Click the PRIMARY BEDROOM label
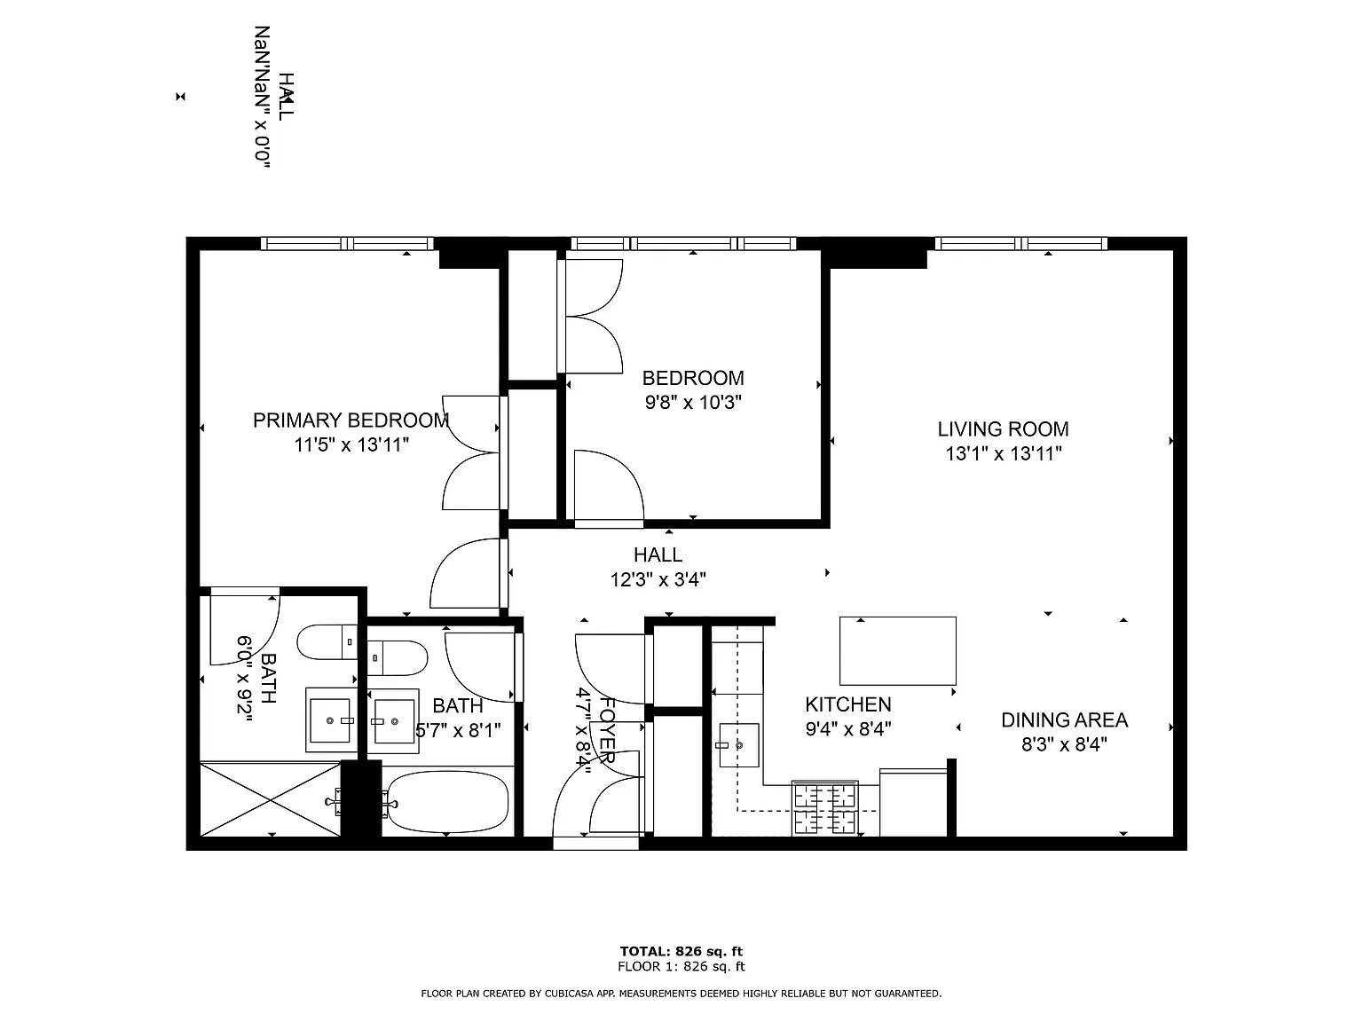[351, 421]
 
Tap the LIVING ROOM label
[1003, 429]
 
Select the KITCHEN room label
[848, 704]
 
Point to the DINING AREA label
[1064, 719]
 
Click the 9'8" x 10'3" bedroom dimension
[693, 403]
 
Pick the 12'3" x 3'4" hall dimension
[658, 579]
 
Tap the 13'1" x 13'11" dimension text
[1003, 453]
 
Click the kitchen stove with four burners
[825, 807]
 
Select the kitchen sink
[738, 744]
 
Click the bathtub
[447, 802]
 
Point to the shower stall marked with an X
[270, 800]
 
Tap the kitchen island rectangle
[897, 651]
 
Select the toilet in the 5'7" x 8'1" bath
[398, 657]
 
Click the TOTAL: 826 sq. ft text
[681, 951]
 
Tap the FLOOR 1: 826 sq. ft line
[681, 966]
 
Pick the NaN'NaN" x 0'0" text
[262, 97]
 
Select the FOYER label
[607, 730]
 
